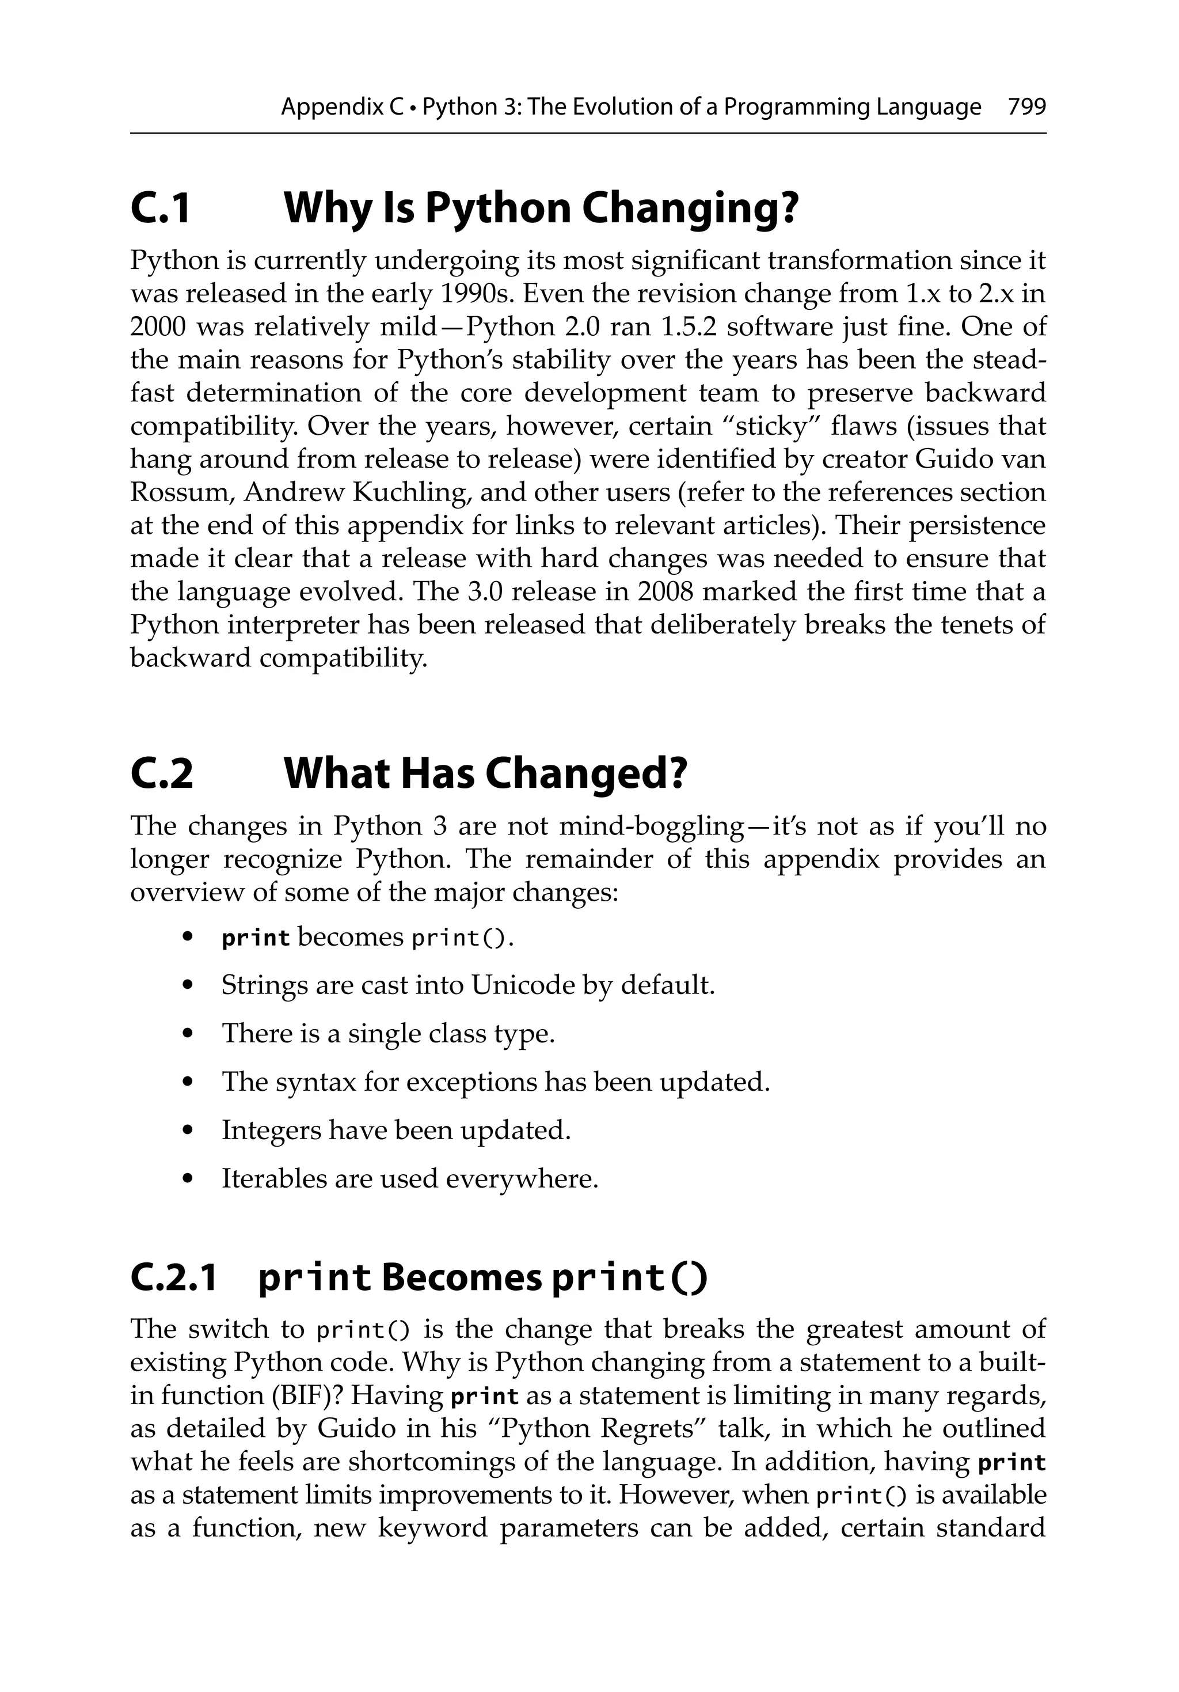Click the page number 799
click(x=1026, y=108)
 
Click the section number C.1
click(x=160, y=208)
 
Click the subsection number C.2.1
click(x=174, y=1279)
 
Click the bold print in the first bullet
click(x=256, y=938)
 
